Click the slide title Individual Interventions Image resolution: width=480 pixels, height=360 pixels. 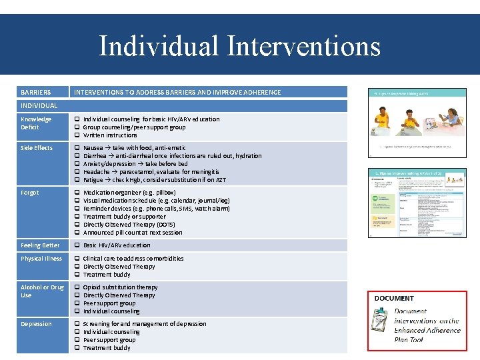[x=239, y=46]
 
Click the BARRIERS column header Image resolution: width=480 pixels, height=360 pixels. [x=35, y=92]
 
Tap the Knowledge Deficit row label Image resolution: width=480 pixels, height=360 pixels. [x=36, y=123]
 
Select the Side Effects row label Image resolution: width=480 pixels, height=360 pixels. [x=37, y=148]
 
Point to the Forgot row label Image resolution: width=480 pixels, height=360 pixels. [x=30, y=193]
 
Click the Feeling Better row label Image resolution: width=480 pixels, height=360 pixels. [x=40, y=245]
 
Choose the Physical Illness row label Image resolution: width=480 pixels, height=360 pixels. [x=41, y=259]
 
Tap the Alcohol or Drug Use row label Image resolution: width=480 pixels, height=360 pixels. [x=41, y=291]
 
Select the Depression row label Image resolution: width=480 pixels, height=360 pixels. [x=36, y=324]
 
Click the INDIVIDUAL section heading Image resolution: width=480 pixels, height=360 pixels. [x=39, y=105]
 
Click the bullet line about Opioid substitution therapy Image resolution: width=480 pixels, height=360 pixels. [x=120, y=287]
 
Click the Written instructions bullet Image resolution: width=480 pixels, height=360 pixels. [x=110, y=135]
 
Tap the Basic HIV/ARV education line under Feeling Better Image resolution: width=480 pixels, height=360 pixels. [x=117, y=245]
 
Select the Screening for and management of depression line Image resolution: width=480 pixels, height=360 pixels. [x=145, y=324]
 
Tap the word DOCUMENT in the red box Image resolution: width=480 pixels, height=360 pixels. [x=394, y=298]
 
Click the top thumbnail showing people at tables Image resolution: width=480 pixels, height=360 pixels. [x=417, y=122]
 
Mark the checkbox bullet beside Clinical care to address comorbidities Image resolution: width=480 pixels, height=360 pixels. [x=77, y=259]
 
